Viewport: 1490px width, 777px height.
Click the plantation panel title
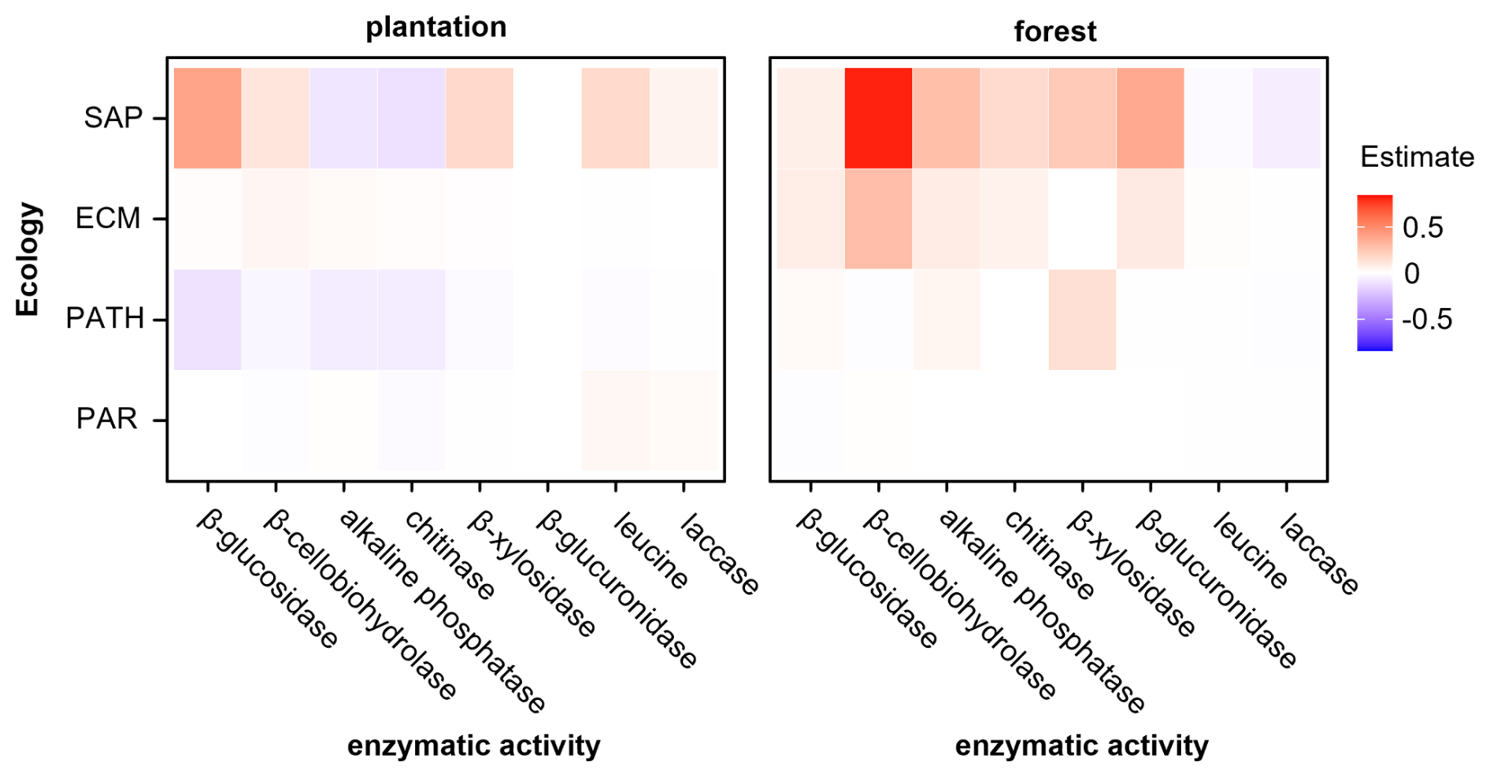tap(436, 28)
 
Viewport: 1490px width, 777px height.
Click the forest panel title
tap(1054, 31)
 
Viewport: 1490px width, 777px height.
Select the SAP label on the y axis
tap(113, 118)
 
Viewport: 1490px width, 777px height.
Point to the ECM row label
tap(108, 218)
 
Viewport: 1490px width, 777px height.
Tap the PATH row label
tap(105, 319)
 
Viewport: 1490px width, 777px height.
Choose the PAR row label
tap(107, 419)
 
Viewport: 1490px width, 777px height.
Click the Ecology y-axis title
tap(28, 259)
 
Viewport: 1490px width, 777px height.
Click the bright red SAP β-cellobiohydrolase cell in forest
tap(878, 118)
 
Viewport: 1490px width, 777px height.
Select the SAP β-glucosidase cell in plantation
tap(207, 118)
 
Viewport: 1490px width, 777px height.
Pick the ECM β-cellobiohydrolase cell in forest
tap(878, 219)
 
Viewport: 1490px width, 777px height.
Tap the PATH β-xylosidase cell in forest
tap(1082, 319)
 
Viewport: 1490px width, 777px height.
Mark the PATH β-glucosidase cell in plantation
tap(207, 319)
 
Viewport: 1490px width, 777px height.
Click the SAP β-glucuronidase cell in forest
tap(1150, 118)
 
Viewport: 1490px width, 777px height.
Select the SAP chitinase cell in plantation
tap(411, 118)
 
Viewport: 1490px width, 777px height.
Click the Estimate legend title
tap(1417, 157)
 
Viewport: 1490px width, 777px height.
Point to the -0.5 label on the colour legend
tap(1428, 320)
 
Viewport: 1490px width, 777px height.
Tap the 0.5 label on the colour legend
tap(1423, 228)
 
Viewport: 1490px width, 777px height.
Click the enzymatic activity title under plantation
tap(473, 745)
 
